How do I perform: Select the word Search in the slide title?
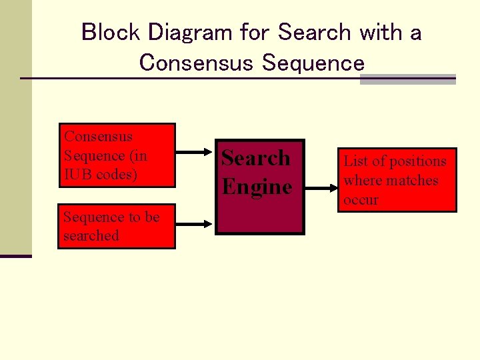tap(315, 32)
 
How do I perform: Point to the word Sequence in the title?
tap(314, 63)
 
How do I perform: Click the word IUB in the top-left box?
tap(79, 175)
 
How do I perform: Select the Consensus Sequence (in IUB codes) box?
tap(117, 155)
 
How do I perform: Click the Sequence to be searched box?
tap(117, 226)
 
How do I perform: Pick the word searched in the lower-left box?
tap(91, 235)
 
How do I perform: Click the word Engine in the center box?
tap(257, 187)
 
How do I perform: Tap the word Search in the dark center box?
tap(256, 158)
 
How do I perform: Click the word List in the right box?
tap(354, 161)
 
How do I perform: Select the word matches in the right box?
tap(411, 180)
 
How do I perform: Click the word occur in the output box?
tap(361, 199)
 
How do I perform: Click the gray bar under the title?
tap(407, 79)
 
